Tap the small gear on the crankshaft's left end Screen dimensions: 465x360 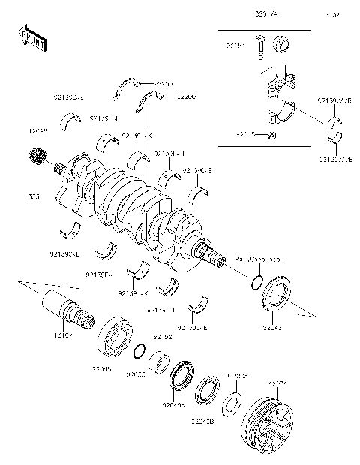pos(37,158)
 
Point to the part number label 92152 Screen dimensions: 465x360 pos(163,337)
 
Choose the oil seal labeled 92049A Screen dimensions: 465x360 pos(181,376)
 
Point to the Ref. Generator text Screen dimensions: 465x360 pos(260,259)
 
